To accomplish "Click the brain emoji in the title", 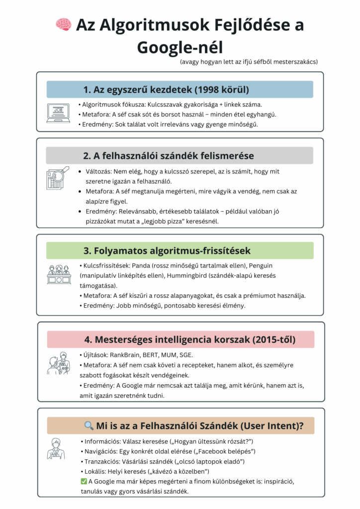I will [x=63, y=24].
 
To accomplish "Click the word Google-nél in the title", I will [x=180, y=48].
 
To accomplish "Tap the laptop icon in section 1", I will [x=58, y=113].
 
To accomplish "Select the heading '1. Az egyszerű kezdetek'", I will [x=180, y=89].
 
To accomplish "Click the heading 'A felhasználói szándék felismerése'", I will [x=180, y=156].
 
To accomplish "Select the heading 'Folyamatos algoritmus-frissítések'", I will [x=180, y=251].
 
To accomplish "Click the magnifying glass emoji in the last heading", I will [x=89, y=425].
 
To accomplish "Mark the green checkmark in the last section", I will [x=84, y=481].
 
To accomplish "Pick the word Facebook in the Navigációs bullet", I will [x=208, y=451].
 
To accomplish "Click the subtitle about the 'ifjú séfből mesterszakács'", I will [x=249, y=62].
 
